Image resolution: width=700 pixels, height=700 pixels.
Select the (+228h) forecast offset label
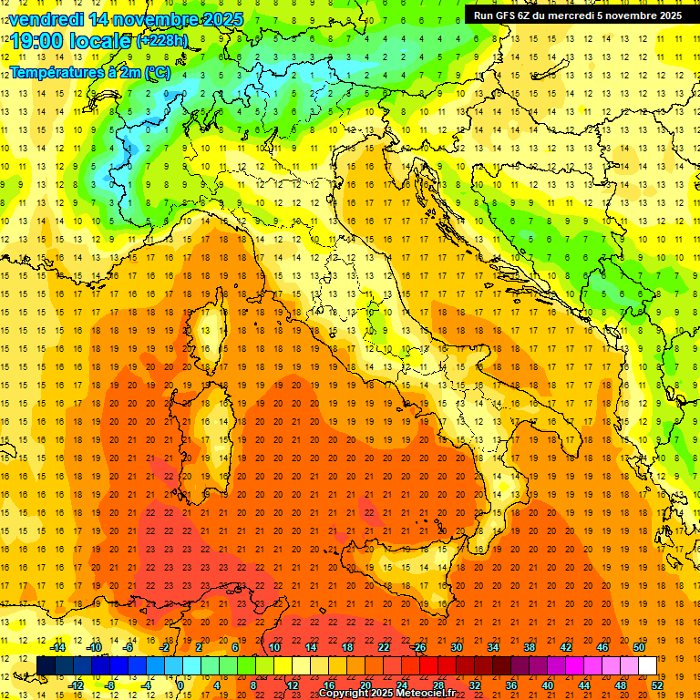click(x=161, y=41)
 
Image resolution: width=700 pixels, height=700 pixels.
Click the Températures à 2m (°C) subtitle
click(x=89, y=72)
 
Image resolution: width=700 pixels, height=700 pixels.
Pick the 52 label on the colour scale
click(x=657, y=685)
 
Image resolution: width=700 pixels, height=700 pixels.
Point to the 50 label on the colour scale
click(x=639, y=647)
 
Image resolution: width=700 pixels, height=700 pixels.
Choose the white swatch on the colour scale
click(x=648, y=665)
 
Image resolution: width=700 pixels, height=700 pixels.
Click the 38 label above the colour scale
click(x=530, y=647)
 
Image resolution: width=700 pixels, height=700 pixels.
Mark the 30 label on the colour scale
click(x=457, y=647)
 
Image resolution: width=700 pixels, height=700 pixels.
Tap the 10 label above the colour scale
click(x=274, y=647)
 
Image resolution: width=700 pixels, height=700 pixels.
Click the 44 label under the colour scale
click(x=584, y=685)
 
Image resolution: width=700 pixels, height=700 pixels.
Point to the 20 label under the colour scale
click(x=365, y=685)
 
